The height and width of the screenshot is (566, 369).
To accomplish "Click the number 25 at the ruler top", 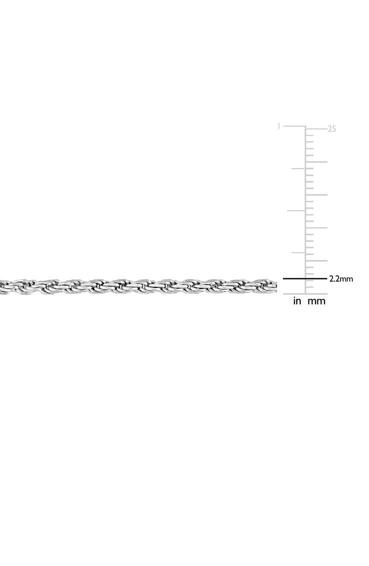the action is point(332,129).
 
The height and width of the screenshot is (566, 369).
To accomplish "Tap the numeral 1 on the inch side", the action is point(279,126).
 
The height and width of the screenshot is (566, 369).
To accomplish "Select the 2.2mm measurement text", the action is point(341,279).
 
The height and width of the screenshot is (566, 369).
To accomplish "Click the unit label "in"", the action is point(297,301).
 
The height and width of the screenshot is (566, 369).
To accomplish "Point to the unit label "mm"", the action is point(316,301).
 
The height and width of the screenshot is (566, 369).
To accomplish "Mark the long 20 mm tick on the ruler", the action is point(316,162).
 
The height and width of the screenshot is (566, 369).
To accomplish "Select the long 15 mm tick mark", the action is point(316,195).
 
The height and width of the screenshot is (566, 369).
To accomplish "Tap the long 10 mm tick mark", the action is point(316,228).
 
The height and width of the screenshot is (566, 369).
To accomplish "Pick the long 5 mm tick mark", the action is point(316,261).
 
